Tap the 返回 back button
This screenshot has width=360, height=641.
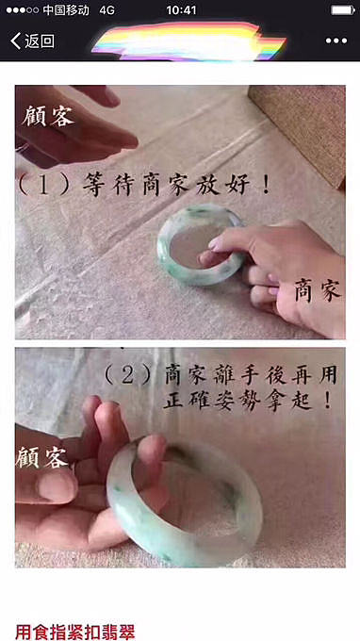(x=32, y=41)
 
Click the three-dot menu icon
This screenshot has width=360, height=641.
(x=336, y=41)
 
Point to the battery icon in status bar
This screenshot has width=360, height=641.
(x=343, y=9)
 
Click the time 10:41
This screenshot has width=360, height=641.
(x=181, y=10)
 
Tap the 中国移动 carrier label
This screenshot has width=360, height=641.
(x=66, y=10)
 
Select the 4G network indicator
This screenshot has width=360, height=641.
(x=107, y=10)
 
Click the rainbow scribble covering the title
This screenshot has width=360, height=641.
(x=188, y=41)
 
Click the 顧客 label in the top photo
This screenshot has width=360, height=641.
(x=48, y=116)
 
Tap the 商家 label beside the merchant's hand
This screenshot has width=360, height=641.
(x=318, y=291)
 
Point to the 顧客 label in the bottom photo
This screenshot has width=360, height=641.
(x=41, y=457)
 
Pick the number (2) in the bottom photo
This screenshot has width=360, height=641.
(x=127, y=376)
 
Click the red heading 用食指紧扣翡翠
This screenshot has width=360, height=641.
(x=74, y=632)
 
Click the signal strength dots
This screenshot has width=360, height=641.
(x=23, y=10)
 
